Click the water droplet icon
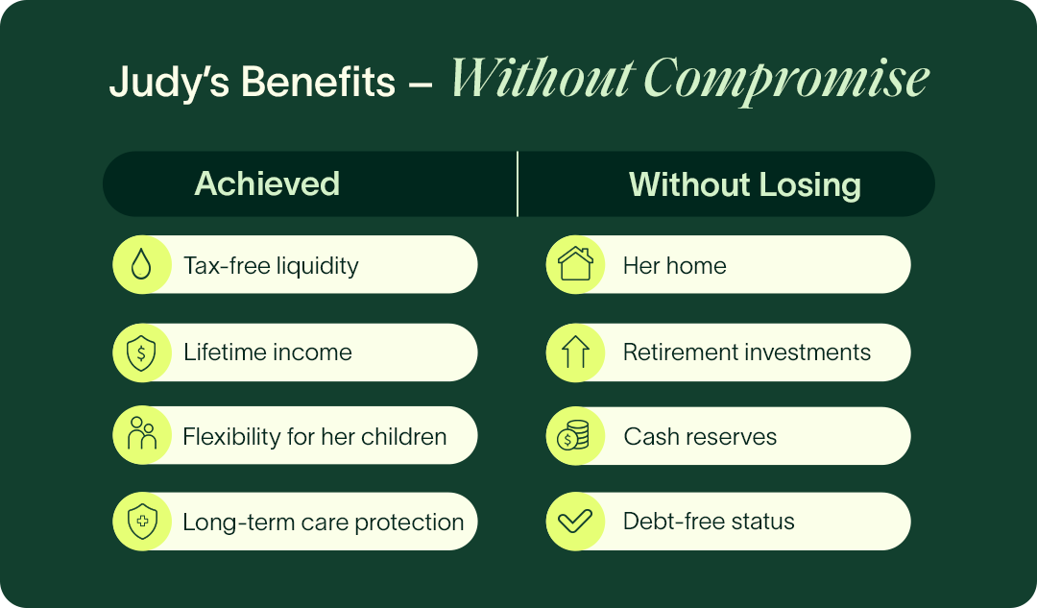tap(141, 265)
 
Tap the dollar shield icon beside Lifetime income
tap(141, 352)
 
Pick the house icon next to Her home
tap(575, 264)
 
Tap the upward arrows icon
tap(575, 352)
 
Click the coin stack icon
tap(572, 436)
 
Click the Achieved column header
tap(267, 183)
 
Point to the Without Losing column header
tap(745, 184)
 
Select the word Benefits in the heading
tap(318, 82)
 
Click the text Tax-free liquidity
tap(271, 266)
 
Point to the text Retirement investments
tap(747, 352)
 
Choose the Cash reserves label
tap(700, 437)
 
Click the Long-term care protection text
tap(324, 522)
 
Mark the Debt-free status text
tap(709, 522)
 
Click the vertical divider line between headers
tap(518, 183)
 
